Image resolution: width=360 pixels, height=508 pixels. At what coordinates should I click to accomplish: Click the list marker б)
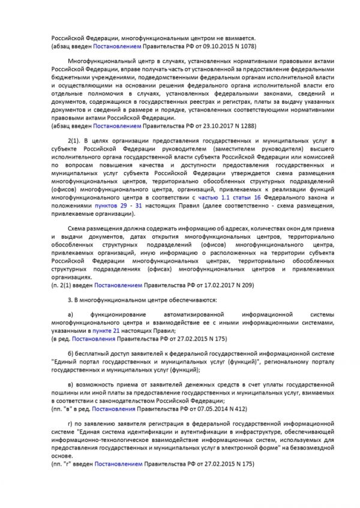point(71,356)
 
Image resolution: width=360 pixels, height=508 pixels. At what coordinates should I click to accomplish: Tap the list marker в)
point(71,384)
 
